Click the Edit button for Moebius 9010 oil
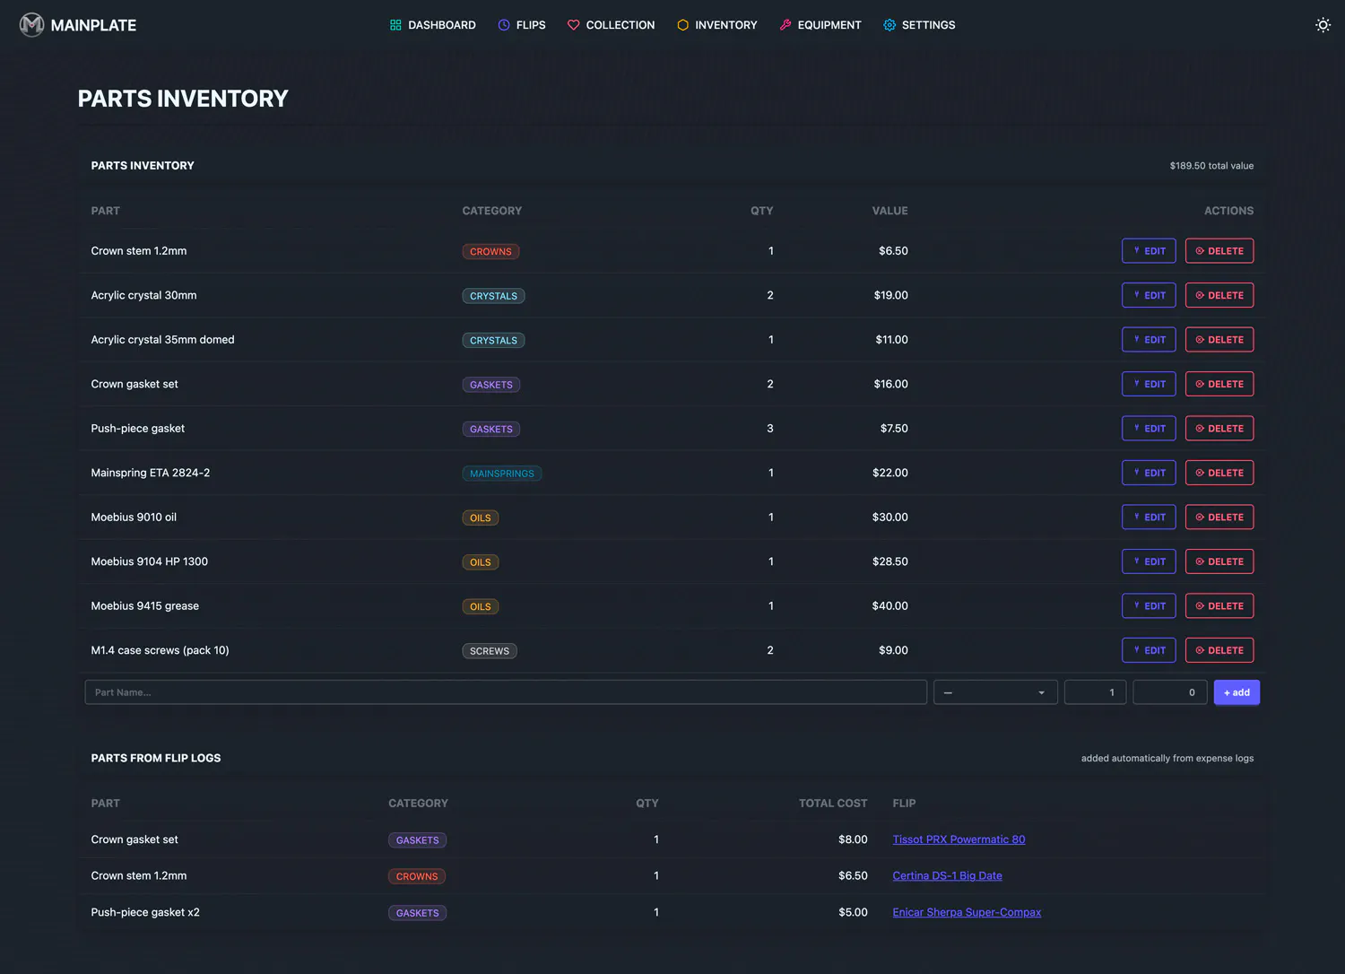click(1148, 517)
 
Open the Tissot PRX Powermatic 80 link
click(959, 839)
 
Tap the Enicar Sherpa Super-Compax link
click(966, 912)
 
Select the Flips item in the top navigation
click(521, 24)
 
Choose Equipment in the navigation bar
click(820, 24)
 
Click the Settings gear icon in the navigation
click(889, 24)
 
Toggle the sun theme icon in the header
click(1323, 24)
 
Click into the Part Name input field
click(506, 692)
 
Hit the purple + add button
click(1237, 692)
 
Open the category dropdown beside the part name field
click(995, 692)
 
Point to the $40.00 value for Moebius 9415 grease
click(889, 606)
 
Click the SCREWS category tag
click(490, 651)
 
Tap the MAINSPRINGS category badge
click(501, 474)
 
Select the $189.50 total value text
click(1211, 166)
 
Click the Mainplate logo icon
click(31, 24)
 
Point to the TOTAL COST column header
click(832, 804)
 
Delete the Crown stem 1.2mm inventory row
click(1219, 251)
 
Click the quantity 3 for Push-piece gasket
click(769, 429)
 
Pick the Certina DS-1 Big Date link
click(947, 875)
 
